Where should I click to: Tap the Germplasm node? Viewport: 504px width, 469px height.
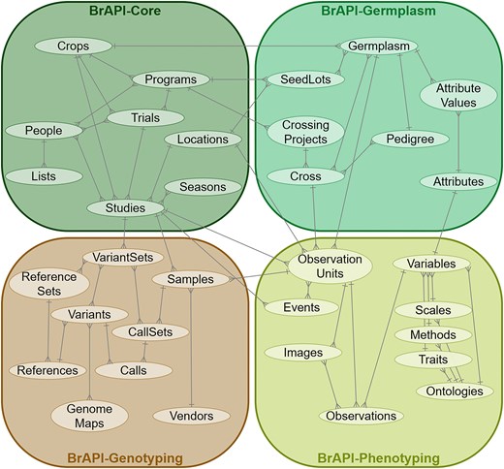pos(377,47)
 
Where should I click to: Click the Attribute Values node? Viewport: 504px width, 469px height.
pos(451,97)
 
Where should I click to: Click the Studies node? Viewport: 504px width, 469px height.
pos(123,206)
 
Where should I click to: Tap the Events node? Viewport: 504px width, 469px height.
pos(301,307)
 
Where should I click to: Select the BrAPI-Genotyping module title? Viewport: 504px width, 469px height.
pos(126,456)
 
